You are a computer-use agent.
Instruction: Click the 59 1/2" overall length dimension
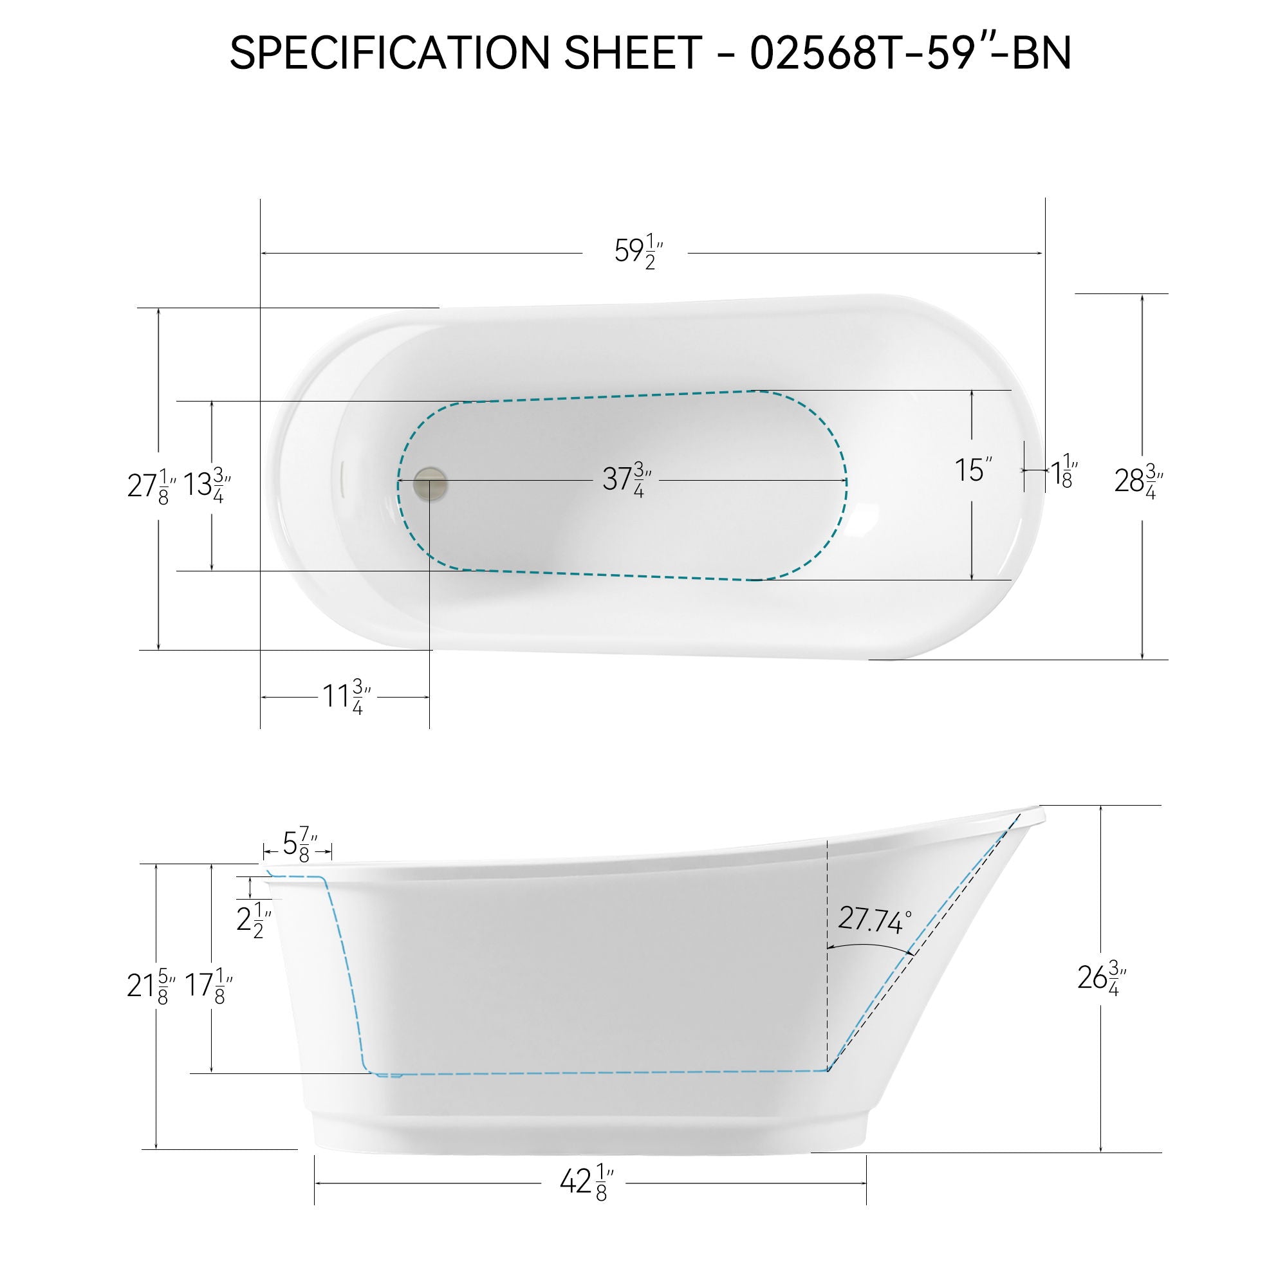coord(638,253)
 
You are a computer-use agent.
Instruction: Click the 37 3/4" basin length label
coord(626,479)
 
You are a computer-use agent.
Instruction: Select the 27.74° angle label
coord(874,921)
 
